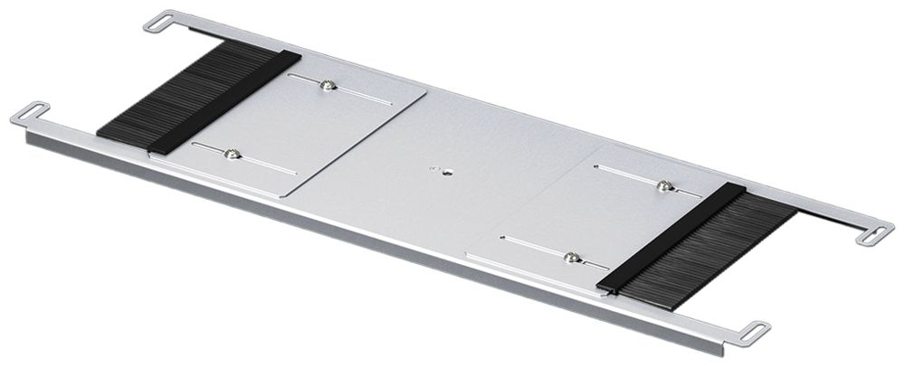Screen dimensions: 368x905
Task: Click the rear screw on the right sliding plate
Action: coord(665,186)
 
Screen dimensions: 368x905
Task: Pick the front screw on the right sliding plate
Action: coord(571,258)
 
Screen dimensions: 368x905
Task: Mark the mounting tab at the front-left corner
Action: coord(30,114)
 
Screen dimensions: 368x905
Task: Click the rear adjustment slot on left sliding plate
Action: coord(362,94)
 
